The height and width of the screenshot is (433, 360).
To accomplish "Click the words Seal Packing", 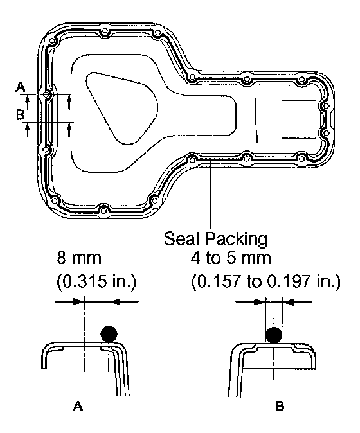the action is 215,239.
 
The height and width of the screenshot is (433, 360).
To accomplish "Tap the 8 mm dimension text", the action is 79,258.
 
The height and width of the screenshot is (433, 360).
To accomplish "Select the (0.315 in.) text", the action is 96,282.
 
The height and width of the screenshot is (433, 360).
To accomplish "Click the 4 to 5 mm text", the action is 231,258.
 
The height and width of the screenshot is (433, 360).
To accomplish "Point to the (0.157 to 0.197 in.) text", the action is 265,282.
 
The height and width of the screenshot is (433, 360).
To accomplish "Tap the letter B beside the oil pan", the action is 20,114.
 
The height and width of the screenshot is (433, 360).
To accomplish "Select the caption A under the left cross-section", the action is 78,406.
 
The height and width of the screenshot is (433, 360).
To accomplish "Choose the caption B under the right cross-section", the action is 280,406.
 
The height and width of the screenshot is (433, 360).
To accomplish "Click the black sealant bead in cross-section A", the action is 109,334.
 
